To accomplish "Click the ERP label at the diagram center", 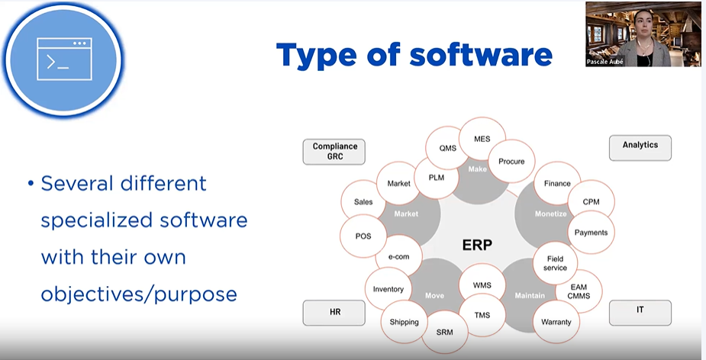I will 477,245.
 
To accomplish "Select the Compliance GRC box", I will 334,151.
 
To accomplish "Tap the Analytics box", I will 640,146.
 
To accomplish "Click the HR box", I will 334,313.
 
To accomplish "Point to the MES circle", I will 482,140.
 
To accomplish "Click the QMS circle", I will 447,149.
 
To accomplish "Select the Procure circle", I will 511,162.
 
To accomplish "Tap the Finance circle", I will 557,184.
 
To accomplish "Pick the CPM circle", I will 592,202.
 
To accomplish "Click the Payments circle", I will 591,233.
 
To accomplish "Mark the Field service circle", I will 556,263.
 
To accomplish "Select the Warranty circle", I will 556,322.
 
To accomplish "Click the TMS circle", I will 482,315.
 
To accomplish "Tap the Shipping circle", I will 404,322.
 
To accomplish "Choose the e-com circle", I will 398,257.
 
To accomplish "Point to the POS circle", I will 363,236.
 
